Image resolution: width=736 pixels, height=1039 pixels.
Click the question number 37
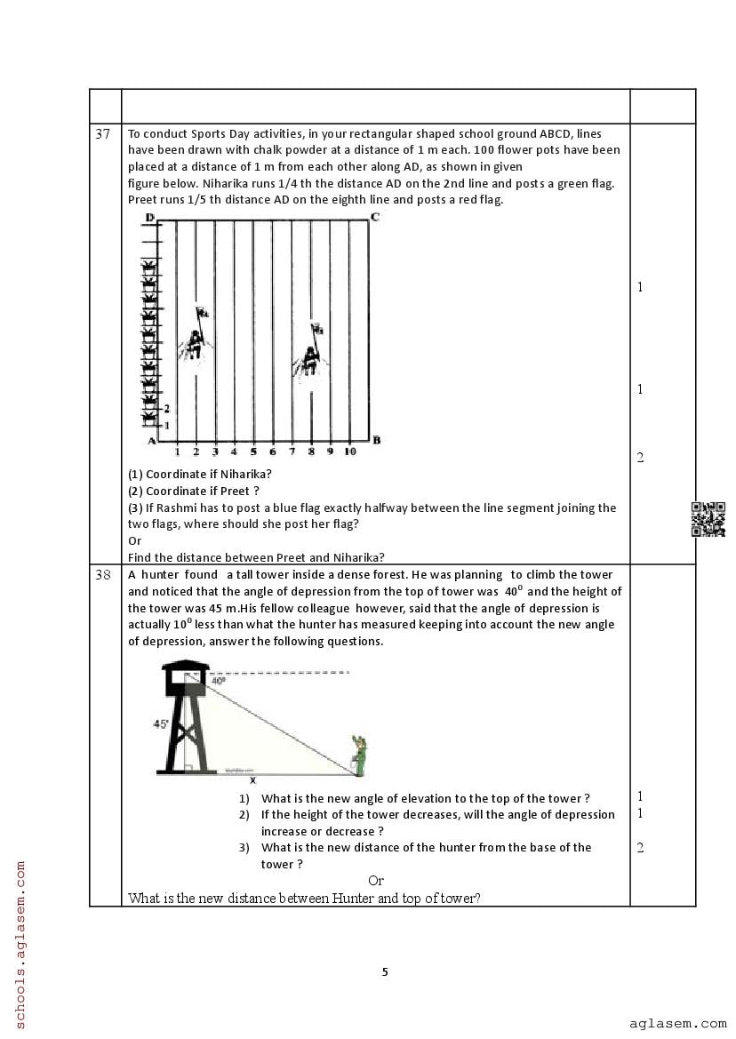pos(103,134)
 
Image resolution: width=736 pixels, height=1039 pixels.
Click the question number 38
pos(103,575)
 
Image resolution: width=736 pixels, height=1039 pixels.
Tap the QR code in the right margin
pos(708,519)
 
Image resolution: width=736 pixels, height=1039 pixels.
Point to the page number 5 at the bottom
pos(385,971)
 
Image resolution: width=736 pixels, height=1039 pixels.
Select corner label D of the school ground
pos(149,218)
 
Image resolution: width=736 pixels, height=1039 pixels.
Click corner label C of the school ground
pos(376,218)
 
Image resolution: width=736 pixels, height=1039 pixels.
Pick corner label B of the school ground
pos(376,440)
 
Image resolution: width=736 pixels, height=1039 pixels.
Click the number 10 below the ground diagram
pos(349,452)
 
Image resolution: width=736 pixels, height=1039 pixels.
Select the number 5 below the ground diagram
pos(253,452)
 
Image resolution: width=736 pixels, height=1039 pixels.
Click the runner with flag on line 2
pos(196,338)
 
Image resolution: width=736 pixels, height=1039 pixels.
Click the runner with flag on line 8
pos(310,354)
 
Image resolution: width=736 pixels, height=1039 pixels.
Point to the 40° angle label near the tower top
pos(218,681)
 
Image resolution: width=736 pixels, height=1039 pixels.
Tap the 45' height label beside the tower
pos(161,724)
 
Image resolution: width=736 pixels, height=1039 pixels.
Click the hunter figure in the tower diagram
pos(359,755)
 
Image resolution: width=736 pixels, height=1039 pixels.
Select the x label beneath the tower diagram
pos(252,780)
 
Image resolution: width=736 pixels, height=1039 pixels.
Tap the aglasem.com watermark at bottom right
pos(677,1023)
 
